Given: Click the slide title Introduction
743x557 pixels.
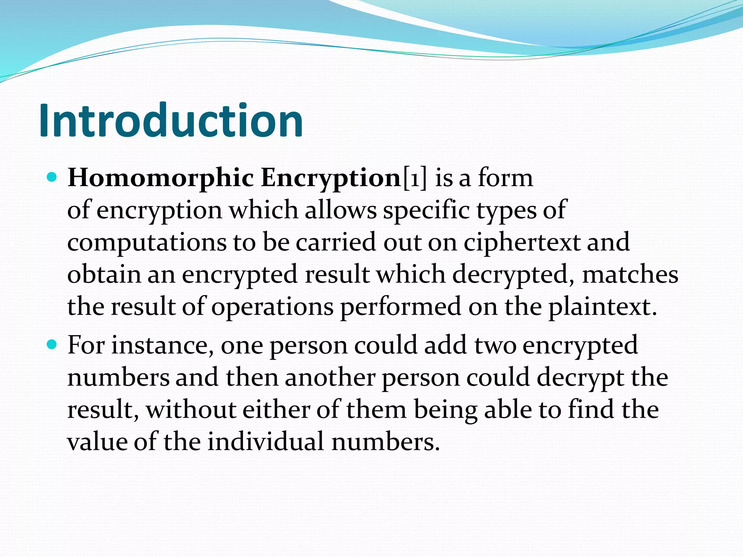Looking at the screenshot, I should [x=171, y=120].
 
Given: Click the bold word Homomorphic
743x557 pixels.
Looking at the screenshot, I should [x=160, y=178].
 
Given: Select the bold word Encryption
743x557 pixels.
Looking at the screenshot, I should [x=330, y=178].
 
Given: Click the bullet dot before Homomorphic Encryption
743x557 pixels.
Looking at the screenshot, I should [x=52, y=178].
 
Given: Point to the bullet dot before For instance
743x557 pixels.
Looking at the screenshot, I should [x=52, y=344].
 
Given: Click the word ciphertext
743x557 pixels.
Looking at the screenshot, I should [x=521, y=242].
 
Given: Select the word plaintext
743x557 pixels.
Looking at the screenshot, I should [x=602, y=307].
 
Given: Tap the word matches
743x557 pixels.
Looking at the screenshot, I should [x=630, y=275].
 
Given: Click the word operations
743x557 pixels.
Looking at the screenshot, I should [x=272, y=307].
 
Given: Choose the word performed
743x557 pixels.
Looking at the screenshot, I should [x=401, y=307].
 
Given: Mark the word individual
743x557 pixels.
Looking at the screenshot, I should [x=265, y=442].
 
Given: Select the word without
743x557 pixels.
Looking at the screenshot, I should [x=190, y=410].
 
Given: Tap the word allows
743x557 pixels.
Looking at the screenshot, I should [x=340, y=210].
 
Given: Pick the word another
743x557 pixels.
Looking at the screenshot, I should [x=330, y=378].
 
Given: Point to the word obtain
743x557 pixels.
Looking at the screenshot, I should [x=104, y=275].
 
